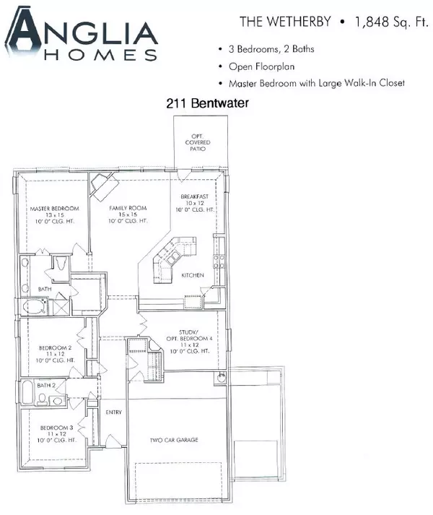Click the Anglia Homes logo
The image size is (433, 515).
[81, 35]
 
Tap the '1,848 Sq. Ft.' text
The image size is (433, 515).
[392, 22]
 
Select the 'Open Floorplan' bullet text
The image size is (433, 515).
[262, 66]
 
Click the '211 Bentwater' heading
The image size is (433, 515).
[207, 103]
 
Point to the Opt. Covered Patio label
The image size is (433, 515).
[198, 142]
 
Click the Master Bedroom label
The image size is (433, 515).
[55, 215]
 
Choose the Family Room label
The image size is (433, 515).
[128, 215]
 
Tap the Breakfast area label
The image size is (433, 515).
[195, 203]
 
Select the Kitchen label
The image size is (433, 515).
[193, 275]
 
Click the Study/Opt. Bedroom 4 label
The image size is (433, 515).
[189, 342]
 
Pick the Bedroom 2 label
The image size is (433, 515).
[55, 354]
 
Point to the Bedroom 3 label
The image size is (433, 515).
[56, 434]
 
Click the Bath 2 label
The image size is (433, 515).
[46, 385]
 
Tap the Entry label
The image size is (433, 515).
[113, 412]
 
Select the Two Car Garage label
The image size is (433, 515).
[174, 440]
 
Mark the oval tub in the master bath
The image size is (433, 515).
[34, 306]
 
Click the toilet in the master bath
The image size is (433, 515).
[61, 263]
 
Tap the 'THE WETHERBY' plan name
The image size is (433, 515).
[285, 22]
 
